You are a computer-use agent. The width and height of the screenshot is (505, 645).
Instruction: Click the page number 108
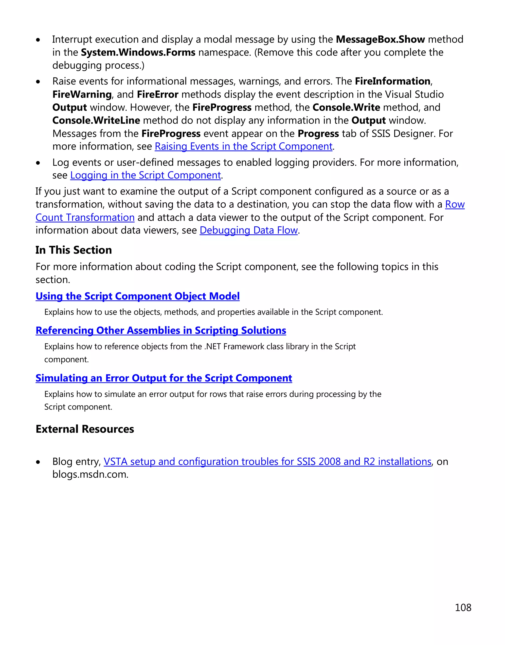463,607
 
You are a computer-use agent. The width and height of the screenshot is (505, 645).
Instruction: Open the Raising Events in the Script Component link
243,147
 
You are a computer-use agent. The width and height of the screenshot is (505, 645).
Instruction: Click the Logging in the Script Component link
145,175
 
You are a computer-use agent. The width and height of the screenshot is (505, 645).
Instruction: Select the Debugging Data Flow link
248,230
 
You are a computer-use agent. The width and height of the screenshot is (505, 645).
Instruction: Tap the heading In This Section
74,250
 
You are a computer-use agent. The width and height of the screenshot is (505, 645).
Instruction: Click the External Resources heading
85,429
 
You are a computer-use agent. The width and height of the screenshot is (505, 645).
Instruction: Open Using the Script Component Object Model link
138,296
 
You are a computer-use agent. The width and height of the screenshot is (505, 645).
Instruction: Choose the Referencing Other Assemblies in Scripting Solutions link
161,330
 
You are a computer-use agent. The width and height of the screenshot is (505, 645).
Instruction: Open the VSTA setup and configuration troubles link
267,462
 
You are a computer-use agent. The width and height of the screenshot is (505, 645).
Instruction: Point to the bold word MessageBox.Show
380,39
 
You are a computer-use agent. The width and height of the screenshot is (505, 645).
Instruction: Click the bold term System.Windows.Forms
138,52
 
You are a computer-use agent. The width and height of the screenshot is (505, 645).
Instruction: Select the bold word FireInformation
392,81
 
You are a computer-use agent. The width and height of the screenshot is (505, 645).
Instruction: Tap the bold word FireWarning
82,95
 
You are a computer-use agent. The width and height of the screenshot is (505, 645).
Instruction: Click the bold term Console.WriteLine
96,120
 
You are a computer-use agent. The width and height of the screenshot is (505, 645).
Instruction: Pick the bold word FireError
157,95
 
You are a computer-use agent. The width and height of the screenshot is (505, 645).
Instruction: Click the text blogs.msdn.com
90,474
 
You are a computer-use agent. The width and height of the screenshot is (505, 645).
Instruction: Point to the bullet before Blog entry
38,462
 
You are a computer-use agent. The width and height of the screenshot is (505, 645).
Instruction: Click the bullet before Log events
38,163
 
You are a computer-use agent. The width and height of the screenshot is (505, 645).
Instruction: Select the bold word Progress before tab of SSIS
318,134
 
